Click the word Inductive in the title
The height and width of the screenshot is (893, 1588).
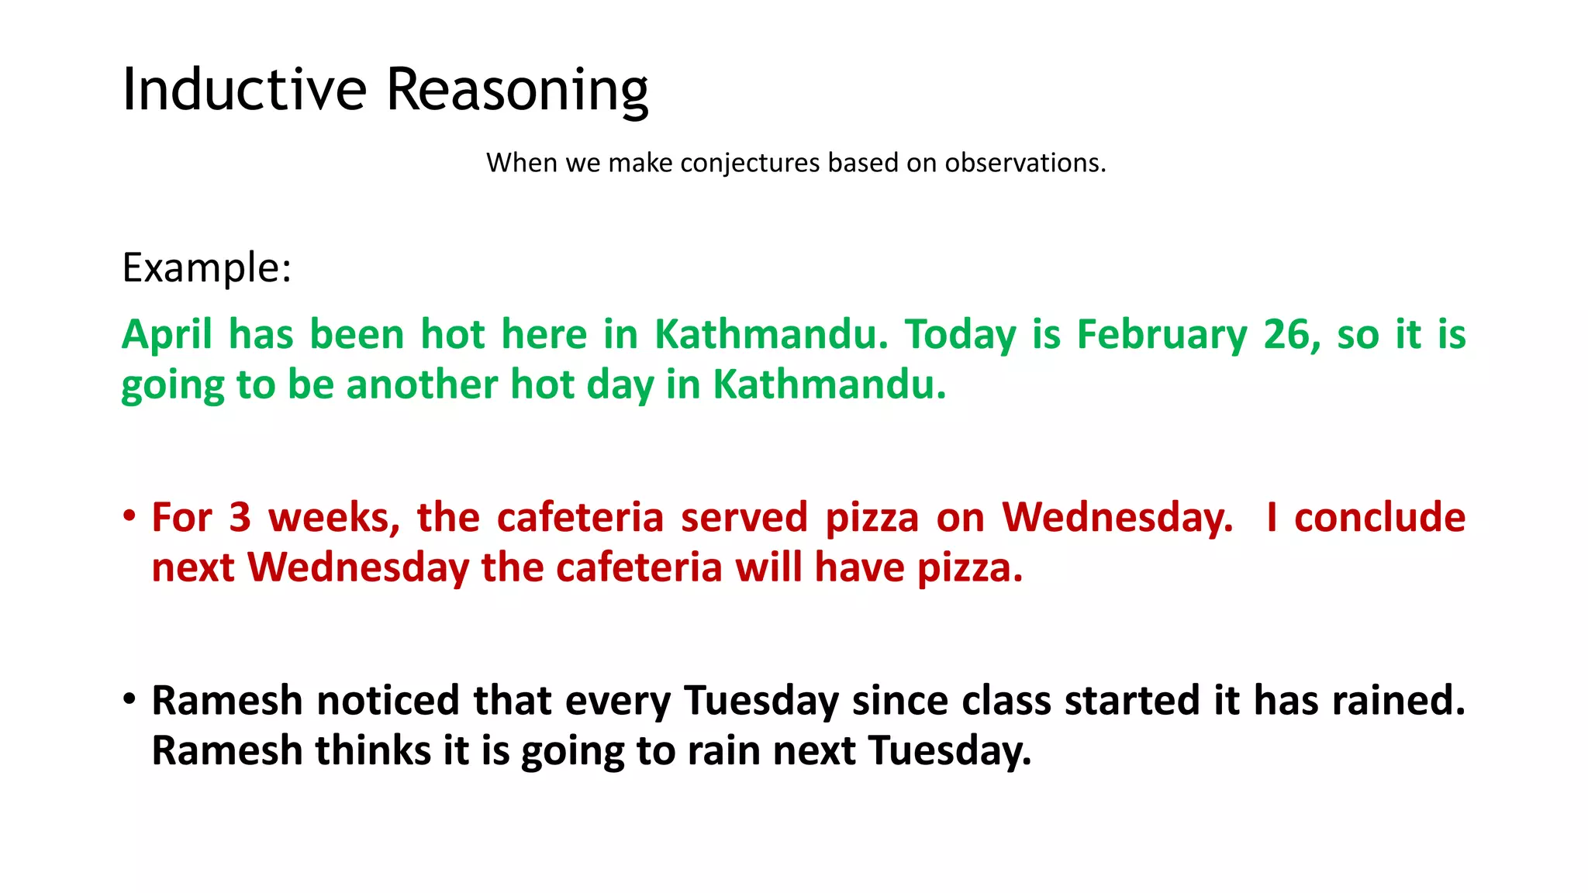tap(244, 90)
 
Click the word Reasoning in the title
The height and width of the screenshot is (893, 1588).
tap(517, 90)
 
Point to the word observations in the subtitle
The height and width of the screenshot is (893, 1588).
tap(1024, 163)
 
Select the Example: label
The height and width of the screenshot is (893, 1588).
tap(206, 268)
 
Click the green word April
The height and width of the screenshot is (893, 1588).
tap(167, 335)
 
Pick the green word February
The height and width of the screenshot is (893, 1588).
tap(1162, 335)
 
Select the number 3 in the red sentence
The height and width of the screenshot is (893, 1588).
tap(240, 518)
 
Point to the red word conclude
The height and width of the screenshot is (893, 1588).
tap(1380, 518)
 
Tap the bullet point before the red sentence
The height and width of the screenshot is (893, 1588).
tap(129, 516)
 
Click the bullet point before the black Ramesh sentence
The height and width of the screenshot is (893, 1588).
tap(129, 699)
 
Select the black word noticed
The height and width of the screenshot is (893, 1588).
tap(388, 701)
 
